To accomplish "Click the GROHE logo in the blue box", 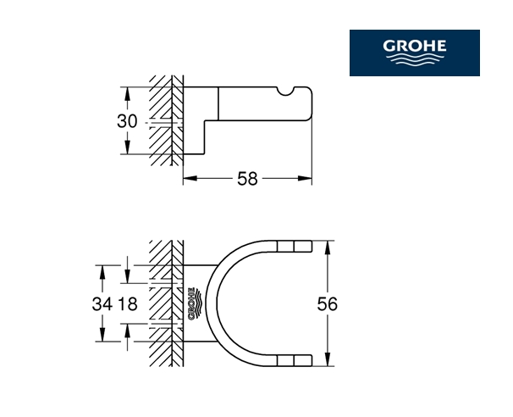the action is (415, 53).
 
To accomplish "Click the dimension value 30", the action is (127, 121).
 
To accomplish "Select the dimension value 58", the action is (247, 179).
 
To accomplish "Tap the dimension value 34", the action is (102, 304).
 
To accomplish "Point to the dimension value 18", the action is (128, 304).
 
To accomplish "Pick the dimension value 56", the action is (327, 304).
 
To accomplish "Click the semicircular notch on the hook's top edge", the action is (286, 92).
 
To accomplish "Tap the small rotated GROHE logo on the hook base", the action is (196, 303).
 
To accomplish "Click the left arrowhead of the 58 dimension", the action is (190, 179).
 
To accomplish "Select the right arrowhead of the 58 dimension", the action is (305, 179).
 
